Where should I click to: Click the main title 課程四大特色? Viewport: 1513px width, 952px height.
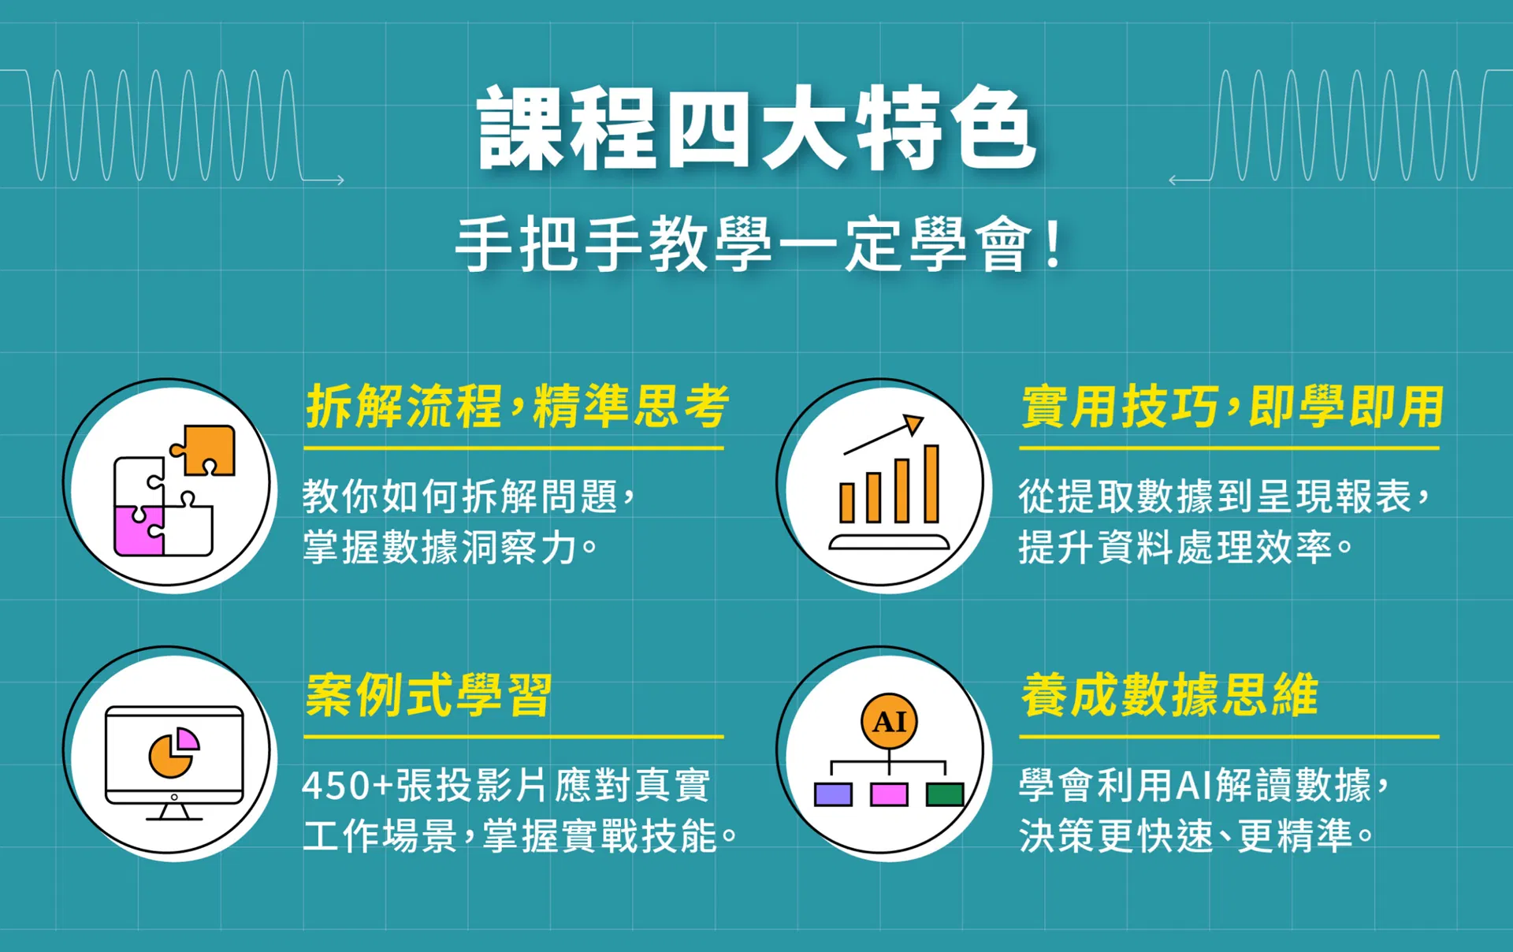tap(756, 128)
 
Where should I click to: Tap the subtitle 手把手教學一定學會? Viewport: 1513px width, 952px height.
tap(760, 244)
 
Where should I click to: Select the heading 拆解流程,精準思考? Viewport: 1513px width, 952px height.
tap(517, 407)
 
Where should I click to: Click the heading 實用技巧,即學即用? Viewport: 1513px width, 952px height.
tap(1232, 407)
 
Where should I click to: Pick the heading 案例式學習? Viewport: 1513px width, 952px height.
tap(429, 695)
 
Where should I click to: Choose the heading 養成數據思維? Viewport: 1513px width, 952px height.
tap(1169, 695)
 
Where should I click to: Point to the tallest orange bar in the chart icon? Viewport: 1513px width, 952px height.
tap(931, 484)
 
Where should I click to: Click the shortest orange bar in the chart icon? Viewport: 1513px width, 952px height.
tap(847, 503)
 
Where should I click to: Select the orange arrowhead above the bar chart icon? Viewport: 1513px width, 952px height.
tap(913, 424)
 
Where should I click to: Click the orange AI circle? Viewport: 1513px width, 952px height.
tap(889, 721)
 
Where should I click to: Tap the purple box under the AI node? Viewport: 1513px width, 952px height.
tap(833, 794)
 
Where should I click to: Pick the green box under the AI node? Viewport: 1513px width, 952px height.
tap(945, 794)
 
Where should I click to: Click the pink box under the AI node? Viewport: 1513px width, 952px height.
tap(889, 794)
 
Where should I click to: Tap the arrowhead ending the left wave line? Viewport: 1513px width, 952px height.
tap(340, 180)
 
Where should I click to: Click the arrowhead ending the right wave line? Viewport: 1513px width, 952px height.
tap(1173, 180)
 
